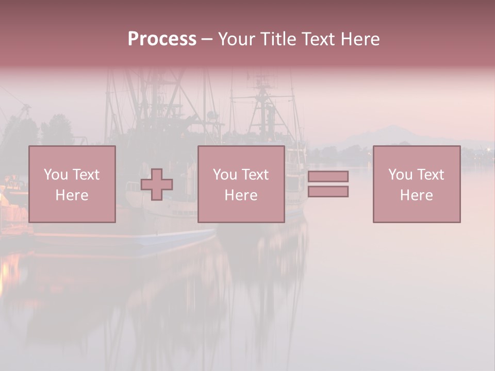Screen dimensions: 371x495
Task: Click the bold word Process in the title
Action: [x=162, y=39]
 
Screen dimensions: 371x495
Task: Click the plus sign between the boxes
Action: [x=157, y=184]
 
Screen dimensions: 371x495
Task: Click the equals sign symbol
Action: [x=328, y=184]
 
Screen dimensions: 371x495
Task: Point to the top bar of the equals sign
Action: [x=328, y=176]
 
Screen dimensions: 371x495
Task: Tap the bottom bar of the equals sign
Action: [x=328, y=191]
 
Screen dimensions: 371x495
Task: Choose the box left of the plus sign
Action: [x=72, y=184]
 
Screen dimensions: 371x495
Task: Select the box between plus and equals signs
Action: [x=241, y=184]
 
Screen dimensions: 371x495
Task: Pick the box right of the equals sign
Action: [x=417, y=184]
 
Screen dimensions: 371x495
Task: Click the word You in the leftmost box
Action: [x=56, y=175]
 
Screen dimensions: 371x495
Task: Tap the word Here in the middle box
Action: [x=241, y=195]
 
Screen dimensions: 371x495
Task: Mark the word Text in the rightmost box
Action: [x=431, y=175]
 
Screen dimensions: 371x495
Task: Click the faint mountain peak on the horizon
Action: [x=394, y=129]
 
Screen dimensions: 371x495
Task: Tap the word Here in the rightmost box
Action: [x=417, y=195]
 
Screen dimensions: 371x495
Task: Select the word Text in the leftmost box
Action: [x=86, y=175]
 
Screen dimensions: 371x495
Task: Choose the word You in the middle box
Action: [x=225, y=175]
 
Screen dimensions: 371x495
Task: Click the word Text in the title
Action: [x=317, y=39]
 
